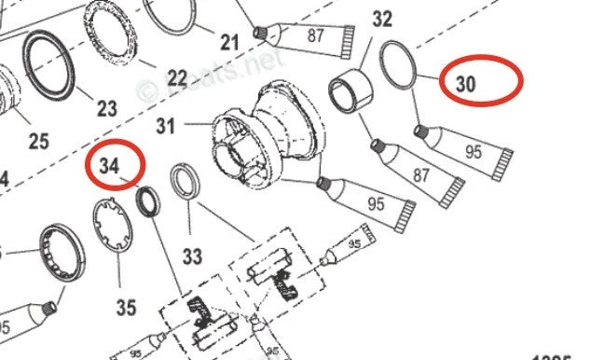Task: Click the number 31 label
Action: (166, 124)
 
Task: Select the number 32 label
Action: (382, 19)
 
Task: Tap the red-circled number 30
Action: (466, 83)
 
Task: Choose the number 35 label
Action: (126, 306)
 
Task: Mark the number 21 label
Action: (229, 41)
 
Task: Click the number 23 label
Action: (107, 108)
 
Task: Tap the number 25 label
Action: (38, 141)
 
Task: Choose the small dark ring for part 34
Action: (147, 201)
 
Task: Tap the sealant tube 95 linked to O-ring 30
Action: (466, 154)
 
